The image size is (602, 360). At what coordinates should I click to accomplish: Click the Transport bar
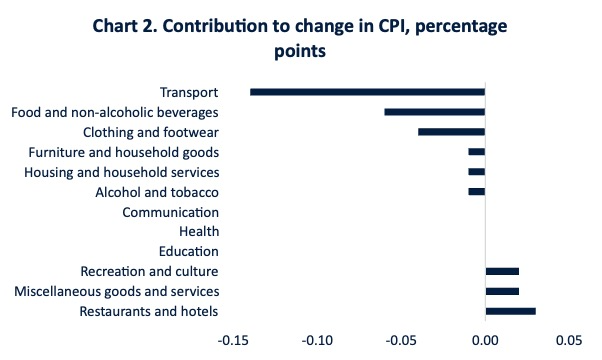pyautogui.click(x=367, y=92)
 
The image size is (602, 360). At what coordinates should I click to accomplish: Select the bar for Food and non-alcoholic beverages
pyautogui.click(x=435, y=112)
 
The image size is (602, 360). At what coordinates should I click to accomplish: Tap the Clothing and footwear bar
pyautogui.click(x=452, y=132)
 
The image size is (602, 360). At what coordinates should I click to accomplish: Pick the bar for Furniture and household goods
pyautogui.click(x=477, y=152)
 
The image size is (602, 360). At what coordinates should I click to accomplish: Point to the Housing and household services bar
pyautogui.click(x=477, y=172)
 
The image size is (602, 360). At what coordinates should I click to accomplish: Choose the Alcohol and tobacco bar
pyautogui.click(x=477, y=192)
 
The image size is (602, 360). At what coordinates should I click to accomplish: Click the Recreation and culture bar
pyautogui.click(x=502, y=271)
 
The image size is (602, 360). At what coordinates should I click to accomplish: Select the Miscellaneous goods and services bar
pyautogui.click(x=502, y=291)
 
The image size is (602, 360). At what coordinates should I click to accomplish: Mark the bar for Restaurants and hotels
pyautogui.click(x=511, y=311)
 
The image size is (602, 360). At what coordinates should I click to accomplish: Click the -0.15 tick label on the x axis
pyautogui.click(x=233, y=340)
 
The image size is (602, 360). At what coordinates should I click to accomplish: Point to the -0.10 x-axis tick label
pyautogui.click(x=317, y=340)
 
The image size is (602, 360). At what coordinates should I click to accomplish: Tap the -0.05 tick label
pyautogui.click(x=401, y=340)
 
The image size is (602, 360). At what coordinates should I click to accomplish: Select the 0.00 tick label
pyautogui.click(x=485, y=340)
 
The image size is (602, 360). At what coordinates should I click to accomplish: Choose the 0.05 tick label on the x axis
pyautogui.click(x=569, y=340)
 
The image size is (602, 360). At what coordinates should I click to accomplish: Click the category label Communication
pyautogui.click(x=170, y=212)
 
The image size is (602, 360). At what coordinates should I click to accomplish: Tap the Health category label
pyautogui.click(x=199, y=231)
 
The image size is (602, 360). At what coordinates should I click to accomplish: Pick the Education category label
pyautogui.click(x=189, y=251)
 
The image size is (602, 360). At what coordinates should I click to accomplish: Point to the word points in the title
pyautogui.click(x=300, y=51)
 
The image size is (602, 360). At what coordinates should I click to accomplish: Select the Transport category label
pyautogui.click(x=189, y=92)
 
